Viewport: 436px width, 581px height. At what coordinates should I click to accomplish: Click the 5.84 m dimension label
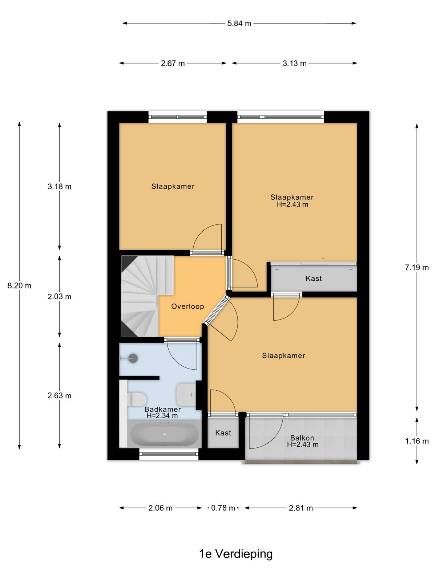coord(239,24)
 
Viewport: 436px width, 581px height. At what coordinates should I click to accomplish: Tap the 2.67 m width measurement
coord(173,64)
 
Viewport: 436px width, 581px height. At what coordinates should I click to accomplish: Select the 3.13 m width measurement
coord(294,64)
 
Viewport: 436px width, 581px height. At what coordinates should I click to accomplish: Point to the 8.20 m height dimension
coord(19,286)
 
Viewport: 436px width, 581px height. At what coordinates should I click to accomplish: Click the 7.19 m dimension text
coord(417,268)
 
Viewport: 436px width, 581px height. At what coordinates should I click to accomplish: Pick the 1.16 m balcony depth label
coord(417,441)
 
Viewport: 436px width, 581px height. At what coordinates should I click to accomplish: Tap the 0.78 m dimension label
coord(223,508)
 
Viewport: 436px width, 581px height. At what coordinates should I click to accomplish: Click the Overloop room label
coord(187,306)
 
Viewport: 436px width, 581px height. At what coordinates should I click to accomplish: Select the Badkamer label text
coord(162,409)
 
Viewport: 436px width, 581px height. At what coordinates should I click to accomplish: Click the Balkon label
coord(302,438)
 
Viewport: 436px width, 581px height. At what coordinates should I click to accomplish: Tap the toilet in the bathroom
coord(137,399)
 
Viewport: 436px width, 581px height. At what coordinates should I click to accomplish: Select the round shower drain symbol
coord(133,358)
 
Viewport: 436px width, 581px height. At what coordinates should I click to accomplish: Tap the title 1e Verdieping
coord(235,553)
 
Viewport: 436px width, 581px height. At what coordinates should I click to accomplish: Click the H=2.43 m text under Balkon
coord(303,444)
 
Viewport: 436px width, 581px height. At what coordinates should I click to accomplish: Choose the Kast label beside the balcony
coord(223,433)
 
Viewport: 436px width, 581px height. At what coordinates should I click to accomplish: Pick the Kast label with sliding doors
coord(314,279)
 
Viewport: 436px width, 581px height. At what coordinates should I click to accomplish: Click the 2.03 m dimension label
coord(59,297)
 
